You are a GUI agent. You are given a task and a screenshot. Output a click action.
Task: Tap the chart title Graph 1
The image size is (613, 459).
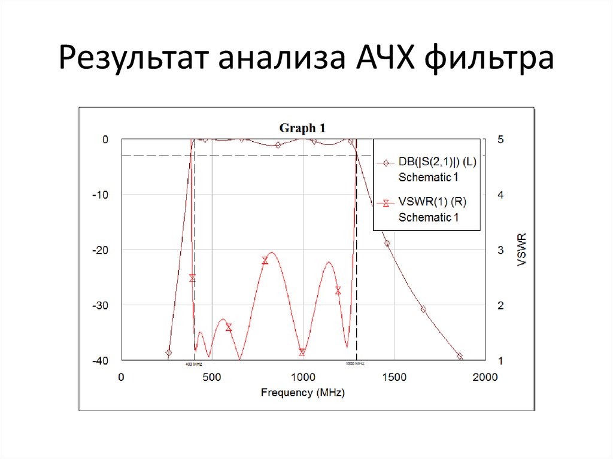pos(302,127)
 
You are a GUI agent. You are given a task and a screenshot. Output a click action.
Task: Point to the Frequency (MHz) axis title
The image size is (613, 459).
pos(302,393)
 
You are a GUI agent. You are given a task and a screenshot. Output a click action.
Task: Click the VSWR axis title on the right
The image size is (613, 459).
pos(522,250)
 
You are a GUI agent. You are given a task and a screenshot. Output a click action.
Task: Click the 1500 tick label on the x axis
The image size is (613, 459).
pos(393,378)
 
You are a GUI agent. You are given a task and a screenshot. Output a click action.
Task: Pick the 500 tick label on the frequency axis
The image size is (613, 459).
pos(211,378)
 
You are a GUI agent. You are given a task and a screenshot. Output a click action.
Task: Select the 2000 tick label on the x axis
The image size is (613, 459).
pos(484,378)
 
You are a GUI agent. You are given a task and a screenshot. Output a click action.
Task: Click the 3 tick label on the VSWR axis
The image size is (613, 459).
pos(500,250)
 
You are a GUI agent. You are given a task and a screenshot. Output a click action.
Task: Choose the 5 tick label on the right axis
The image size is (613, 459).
pos(500,139)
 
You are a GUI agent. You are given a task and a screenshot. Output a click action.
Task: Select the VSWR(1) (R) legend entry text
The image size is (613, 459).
pos(432,202)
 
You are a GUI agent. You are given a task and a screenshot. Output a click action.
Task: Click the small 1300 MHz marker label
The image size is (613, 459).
pos(356,364)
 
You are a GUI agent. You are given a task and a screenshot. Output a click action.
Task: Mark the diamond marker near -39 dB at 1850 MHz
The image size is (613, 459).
pos(460,356)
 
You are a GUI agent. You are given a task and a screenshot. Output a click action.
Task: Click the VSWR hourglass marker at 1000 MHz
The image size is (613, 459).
pos(302,352)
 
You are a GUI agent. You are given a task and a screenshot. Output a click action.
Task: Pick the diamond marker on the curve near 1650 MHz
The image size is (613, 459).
pos(423,309)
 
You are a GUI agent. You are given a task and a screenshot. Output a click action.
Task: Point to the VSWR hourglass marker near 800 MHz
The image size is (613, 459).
pos(265,260)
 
